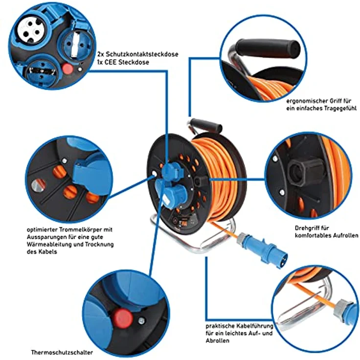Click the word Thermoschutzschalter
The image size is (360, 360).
tap(62, 352)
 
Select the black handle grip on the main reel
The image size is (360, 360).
tap(206, 125)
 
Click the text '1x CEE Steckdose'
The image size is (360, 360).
tap(123, 62)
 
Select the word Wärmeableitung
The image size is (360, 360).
tap(55, 244)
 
